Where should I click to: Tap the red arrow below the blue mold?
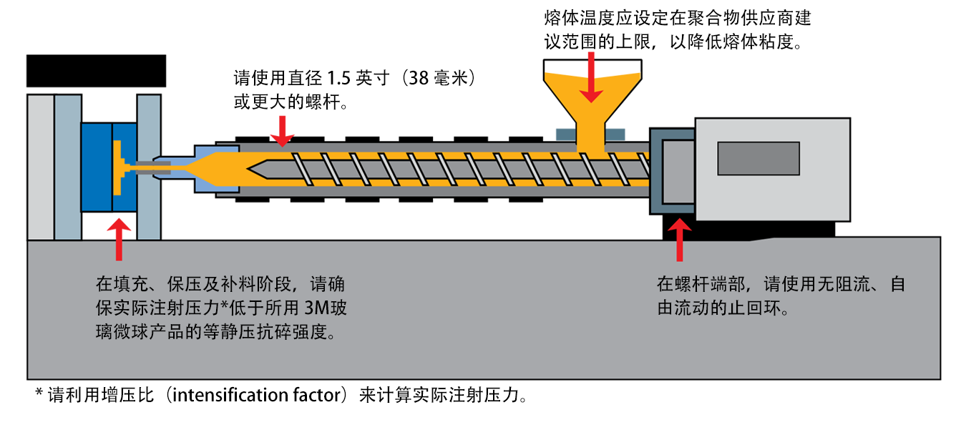(x=119, y=240)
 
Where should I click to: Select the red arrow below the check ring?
(x=679, y=240)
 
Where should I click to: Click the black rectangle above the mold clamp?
(x=96, y=71)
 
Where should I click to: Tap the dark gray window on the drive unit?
(x=758, y=158)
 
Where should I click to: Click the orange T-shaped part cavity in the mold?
(x=118, y=165)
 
